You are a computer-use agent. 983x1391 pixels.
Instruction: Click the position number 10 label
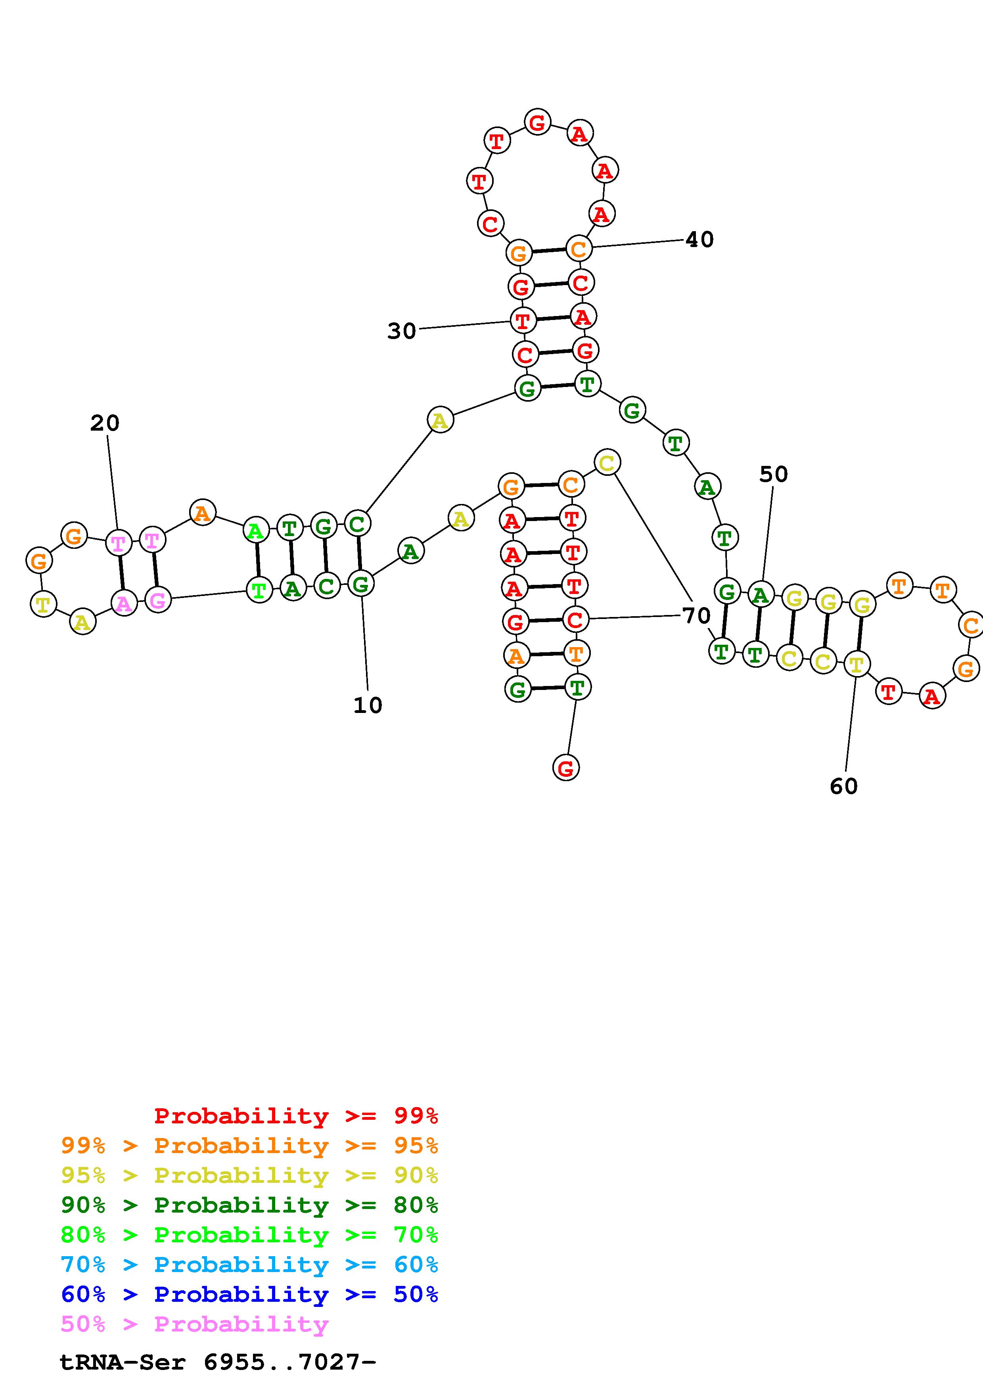[x=368, y=705]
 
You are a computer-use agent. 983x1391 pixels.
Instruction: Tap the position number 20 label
[x=105, y=423]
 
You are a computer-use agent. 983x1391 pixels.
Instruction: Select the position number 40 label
[x=699, y=240]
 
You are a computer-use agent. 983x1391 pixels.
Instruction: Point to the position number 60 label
[x=844, y=786]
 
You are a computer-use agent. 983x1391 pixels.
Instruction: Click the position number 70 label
[x=696, y=615]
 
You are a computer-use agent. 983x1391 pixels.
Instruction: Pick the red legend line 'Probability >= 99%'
[x=295, y=1116]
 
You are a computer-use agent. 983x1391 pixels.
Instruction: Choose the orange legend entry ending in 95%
[x=249, y=1146]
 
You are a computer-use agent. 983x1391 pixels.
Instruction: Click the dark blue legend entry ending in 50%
[x=249, y=1294]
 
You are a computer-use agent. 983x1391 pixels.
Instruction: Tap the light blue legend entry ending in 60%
[x=249, y=1265]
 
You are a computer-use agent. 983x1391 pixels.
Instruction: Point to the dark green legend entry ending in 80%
[x=249, y=1205]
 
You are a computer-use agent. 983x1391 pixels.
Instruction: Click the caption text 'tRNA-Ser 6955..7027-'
[x=218, y=1362]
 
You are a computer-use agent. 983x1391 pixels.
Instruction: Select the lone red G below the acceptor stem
[x=566, y=768]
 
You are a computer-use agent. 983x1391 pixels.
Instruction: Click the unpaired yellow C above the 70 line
[x=607, y=463]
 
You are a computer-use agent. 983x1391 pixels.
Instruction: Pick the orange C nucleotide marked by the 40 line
[x=579, y=248]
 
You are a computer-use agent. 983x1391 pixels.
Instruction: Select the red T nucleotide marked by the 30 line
[x=523, y=320]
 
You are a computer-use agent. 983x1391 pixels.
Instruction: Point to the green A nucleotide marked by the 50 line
[x=760, y=595]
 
